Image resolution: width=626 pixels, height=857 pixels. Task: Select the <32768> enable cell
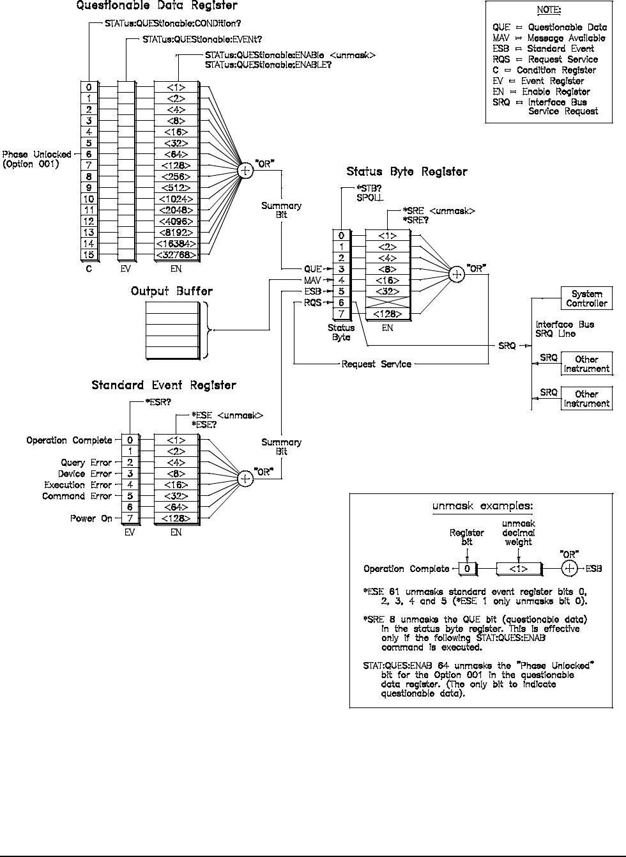(x=176, y=255)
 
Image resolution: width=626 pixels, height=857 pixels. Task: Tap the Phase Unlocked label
(x=37, y=155)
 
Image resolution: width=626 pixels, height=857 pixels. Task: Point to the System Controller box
(x=586, y=298)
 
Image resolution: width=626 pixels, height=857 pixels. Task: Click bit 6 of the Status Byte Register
(x=342, y=303)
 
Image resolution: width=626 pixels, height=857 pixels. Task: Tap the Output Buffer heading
(x=172, y=291)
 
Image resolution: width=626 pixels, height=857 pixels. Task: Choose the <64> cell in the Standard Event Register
(x=176, y=507)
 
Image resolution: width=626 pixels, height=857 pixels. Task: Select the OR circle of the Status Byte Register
(x=456, y=274)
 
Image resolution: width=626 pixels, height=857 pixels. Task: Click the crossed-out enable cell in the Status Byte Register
(x=388, y=303)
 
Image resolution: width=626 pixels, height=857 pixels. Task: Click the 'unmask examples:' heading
(x=482, y=507)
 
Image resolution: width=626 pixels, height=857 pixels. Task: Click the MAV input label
(x=312, y=281)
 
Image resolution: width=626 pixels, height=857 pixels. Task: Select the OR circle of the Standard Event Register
(x=245, y=478)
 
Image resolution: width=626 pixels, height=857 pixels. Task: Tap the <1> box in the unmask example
(x=518, y=569)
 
